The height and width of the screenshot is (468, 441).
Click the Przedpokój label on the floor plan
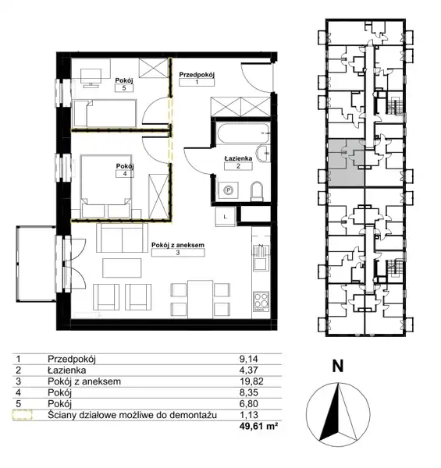197,75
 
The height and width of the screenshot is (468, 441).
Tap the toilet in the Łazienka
257,191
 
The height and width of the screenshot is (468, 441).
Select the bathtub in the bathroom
243,133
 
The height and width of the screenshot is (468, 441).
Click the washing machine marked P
229,190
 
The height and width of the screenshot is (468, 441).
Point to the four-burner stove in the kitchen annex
261,301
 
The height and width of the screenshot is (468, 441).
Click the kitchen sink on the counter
261,257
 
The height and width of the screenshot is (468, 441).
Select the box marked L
225,217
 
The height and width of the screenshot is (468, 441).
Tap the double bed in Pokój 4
106,186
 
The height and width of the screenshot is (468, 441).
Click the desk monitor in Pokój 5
91,78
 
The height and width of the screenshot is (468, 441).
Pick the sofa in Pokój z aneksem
122,238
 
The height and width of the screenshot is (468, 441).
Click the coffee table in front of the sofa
122,268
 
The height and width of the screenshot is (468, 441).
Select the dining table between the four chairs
200,300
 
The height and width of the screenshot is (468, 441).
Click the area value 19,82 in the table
251,381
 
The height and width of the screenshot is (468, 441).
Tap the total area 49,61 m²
258,426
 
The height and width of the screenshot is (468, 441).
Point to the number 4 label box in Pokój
125,174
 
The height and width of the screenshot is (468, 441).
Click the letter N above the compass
338,366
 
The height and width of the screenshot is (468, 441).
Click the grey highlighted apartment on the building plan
347,163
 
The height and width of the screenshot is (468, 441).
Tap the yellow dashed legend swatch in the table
22,415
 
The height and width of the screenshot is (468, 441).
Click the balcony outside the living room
36,264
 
